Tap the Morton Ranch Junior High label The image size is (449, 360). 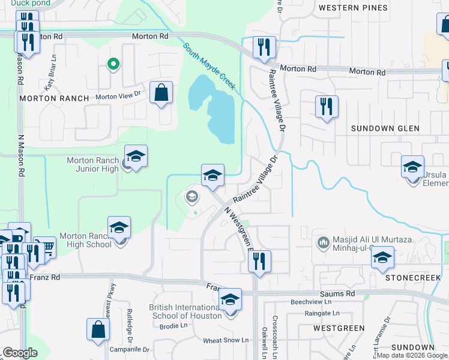(x=93, y=164)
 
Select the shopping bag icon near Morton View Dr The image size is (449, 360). (x=161, y=92)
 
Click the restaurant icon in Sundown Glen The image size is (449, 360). (x=325, y=107)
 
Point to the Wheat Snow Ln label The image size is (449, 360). (x=226, y=340)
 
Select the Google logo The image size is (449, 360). (x=20, y=352)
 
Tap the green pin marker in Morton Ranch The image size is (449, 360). (x=111, y=64)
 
